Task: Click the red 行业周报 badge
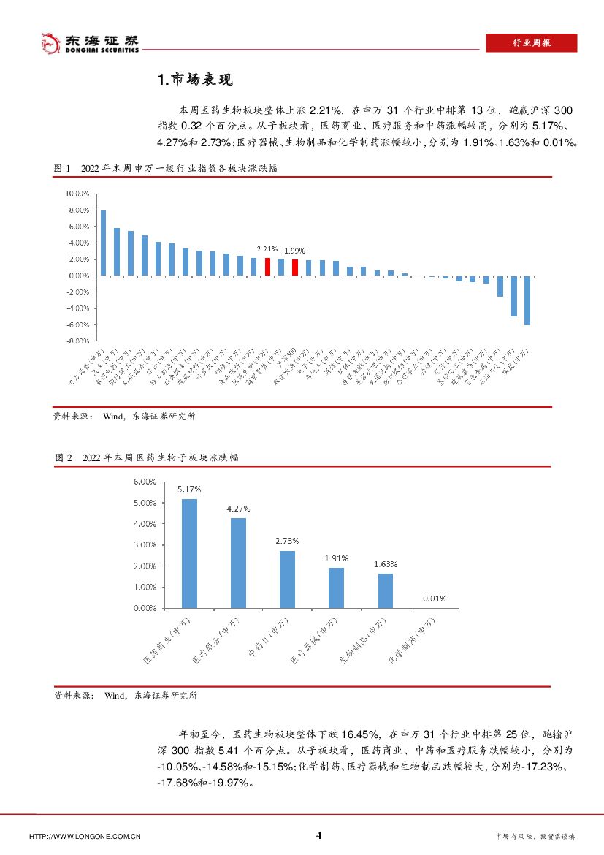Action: pyautogui.click(x=531, y=43)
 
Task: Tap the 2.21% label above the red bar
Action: pyautogui.click(x=267, y=249)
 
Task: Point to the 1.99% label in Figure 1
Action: pyautogui.click(x=294, y=251)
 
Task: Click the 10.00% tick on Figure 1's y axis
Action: pyautogui.click(x=77, y=194)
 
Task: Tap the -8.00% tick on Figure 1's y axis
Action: pyautogui.click(x=77, y=341)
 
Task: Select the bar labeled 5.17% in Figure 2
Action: pyautogui.click(x=189, y=553)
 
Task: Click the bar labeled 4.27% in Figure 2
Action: pyautogui.click(x=238, y=563)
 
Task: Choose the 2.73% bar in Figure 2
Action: pyautogui.click(x=287, y=579)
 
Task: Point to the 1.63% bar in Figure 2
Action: pyautogui.click(x=385, y=590)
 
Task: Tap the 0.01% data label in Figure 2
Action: pyautogui.click(x=435, y=598)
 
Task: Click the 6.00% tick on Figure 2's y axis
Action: pyautogui.click(x=144, y=482)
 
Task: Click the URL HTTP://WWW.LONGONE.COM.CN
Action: pyautogui.click(x=84, y=837)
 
